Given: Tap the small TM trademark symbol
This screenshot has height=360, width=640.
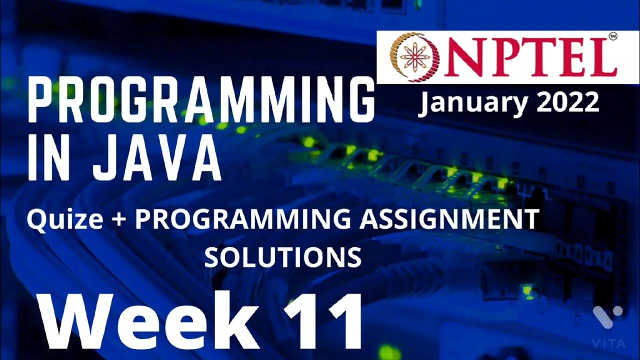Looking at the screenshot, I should pos(612,36).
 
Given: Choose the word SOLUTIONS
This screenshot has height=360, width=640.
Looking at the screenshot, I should pos(283,256).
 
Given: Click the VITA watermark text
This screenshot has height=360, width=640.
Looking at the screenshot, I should pos(608,343).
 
